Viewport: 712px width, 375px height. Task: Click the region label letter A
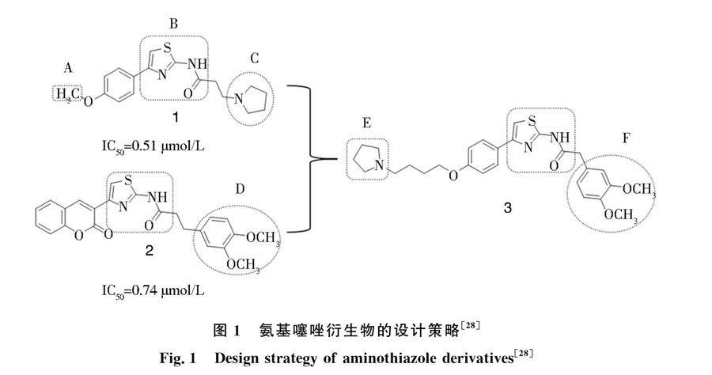pyautogui.click(x=68, y=69)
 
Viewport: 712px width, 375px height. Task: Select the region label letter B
pyautogui.click(x=173, y=24)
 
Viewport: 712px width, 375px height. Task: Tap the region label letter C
pyautogui.click(x=254, y=59)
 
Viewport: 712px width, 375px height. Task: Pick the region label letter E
pyautogui.click(x=366, y=125)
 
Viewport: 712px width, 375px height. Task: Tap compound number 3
pyautogui.click(x=507, y=208)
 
